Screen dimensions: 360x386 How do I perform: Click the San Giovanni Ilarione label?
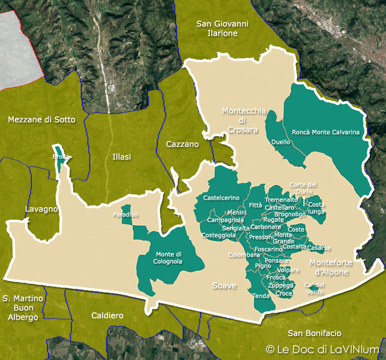coord(222,28)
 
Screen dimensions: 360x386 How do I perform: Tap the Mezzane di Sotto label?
coord(42,119)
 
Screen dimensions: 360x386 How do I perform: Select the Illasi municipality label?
coord(121,157)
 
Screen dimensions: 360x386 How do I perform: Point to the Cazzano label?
coord(182,144)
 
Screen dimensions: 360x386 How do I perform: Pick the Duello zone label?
coord(280,142)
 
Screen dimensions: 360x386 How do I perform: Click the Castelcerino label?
coord(221,198)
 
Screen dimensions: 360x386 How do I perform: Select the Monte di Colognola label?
coord(168,258)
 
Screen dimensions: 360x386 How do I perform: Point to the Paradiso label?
coord(125,215)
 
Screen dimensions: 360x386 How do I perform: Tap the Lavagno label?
coord(41,209)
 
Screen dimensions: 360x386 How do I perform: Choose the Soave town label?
coord(224,285)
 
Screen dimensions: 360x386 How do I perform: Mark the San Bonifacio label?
coord(314,333)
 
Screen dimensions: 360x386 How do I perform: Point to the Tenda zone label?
coord(261,296)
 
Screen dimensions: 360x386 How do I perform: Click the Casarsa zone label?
coord(318,248)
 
